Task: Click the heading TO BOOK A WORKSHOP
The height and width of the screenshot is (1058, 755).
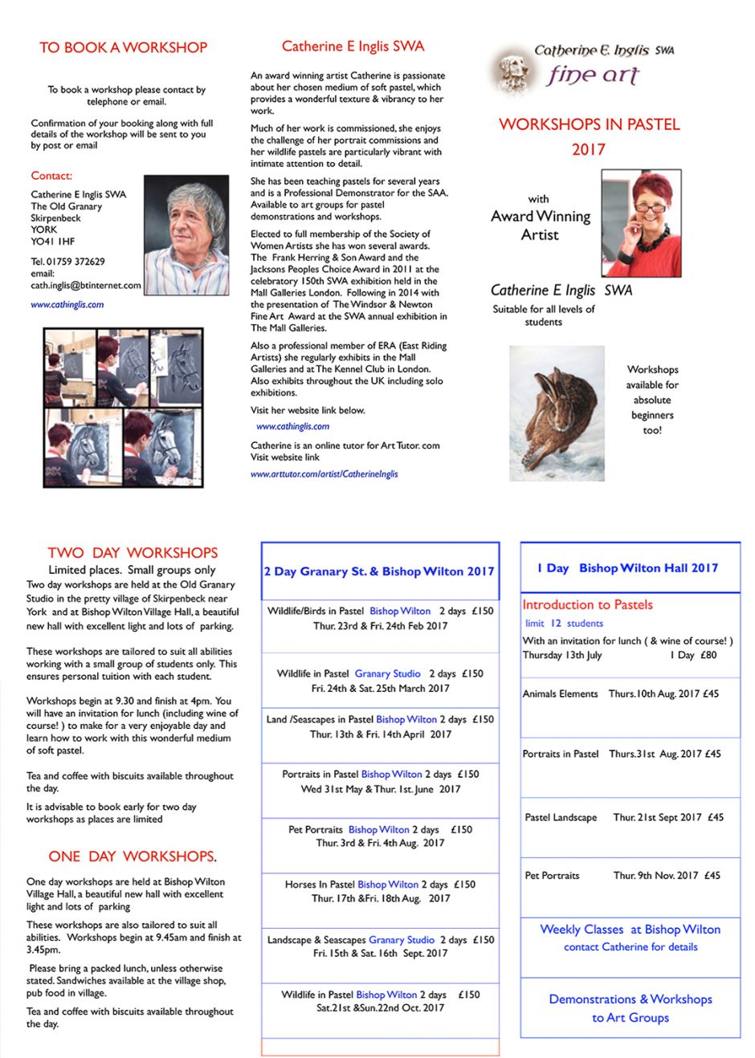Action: [123, 47]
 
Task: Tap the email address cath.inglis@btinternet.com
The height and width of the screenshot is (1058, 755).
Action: [85, 285]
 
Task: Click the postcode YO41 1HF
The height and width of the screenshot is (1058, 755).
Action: [53, 241]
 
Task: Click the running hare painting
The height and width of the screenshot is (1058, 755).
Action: [557, 413]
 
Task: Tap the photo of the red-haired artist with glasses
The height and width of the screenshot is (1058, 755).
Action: [640, 224]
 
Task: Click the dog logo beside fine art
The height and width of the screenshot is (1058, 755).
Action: [512, 71]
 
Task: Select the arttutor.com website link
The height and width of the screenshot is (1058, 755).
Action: [324, 474]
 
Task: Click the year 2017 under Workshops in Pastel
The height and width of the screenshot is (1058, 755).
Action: [588, 149]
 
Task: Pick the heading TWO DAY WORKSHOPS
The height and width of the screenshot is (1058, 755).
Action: [133, 552]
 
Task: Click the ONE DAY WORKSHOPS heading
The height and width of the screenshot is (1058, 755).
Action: [133, 857]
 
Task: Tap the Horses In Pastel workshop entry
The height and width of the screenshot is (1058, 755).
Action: [380, 885]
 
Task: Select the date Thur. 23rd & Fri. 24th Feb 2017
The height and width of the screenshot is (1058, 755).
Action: [380, 625]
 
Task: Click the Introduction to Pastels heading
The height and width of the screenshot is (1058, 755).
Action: [587, 604]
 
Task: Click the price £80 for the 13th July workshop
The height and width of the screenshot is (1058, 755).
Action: [708, 655]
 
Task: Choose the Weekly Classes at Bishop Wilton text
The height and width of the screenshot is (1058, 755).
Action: [630, 930]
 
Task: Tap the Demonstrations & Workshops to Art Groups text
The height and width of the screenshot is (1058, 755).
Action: [631, 1008]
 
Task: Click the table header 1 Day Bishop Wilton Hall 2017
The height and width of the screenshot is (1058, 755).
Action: [627, 568]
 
